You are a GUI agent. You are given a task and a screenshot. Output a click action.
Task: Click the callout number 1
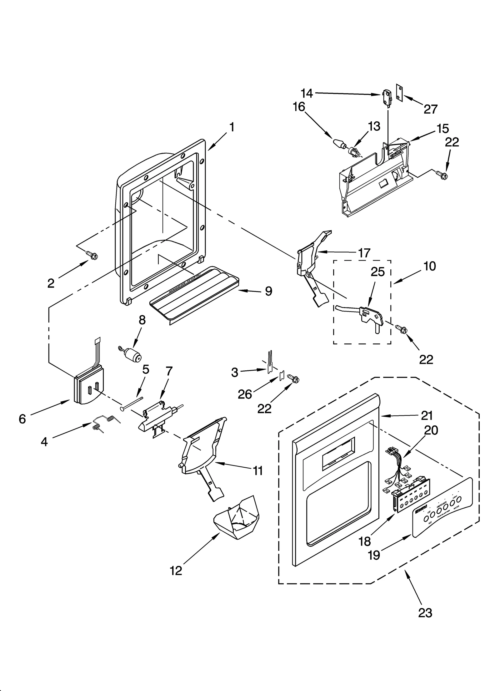[x=232, y=127]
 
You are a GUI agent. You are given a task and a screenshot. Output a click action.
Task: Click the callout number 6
[x=22, y=419]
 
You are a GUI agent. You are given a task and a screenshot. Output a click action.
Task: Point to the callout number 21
[x=427, y=415]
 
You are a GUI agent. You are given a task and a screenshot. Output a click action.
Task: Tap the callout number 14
[x=307, y=93]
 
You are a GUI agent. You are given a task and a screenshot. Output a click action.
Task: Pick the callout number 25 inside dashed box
[x=377, y=272]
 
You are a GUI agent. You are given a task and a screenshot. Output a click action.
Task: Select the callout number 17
[x=364, y=252]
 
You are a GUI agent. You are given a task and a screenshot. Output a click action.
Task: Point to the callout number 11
[x=258, y=470]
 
